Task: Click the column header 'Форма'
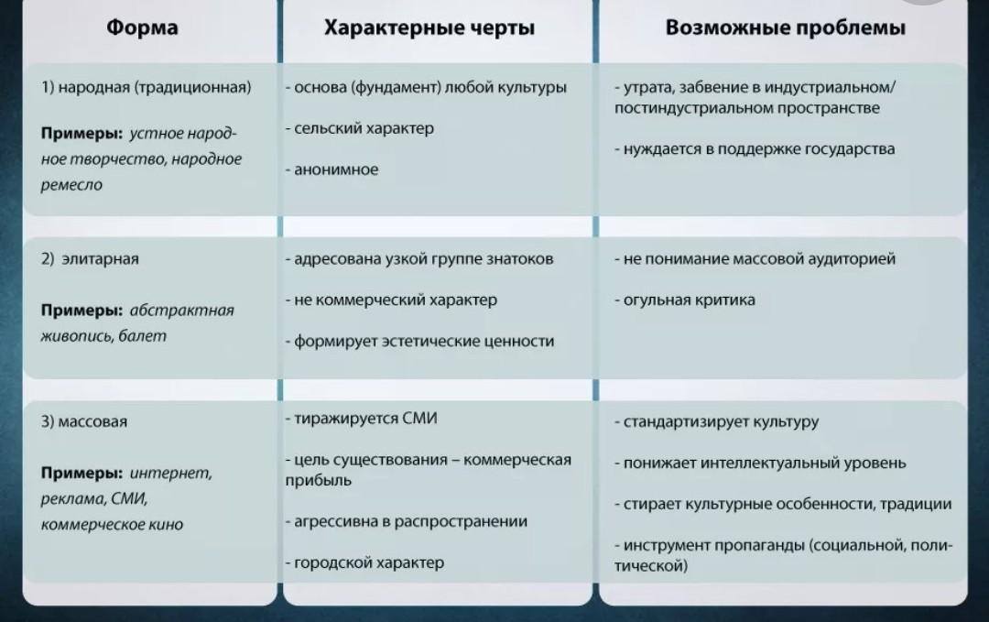(142, 27)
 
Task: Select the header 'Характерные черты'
(429, 27)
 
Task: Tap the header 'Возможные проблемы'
(786, 27)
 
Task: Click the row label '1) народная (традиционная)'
(146, 88)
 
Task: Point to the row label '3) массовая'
(84, 422)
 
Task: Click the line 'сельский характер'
(364, 128)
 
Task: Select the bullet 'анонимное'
(335, 169)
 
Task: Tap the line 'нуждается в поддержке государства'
(758, 148)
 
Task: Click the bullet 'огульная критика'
(689, 300)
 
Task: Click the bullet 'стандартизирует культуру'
(721, 422)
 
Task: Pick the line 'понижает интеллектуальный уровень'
(765, 463)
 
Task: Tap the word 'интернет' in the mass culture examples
(171, 474)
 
